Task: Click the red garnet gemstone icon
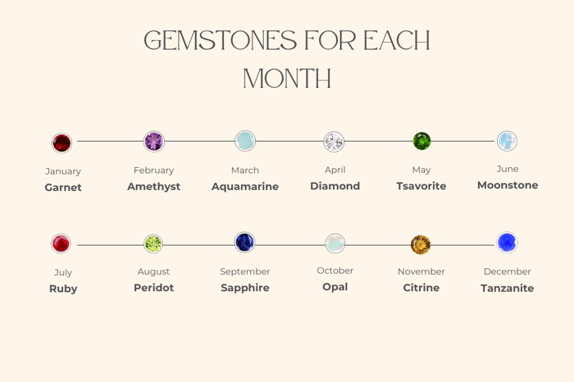coord(61,143)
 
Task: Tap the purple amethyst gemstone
coord(154,141)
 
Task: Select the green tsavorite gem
coord(421,141)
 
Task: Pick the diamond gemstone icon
coord(334,141)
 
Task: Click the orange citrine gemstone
coord(421,244)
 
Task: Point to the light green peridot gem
coord(153,243)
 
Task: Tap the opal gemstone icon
coord(335,243)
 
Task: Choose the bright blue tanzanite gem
coord(508,243)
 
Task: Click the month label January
coord(63,171)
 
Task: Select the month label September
coord(244,271)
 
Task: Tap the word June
coord(508,169)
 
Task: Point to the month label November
coord(421,271)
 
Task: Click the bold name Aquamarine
coord(245,187)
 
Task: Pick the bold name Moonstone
coord(508,185)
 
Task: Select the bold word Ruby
coord(63,289)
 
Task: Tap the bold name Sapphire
coord(245,288)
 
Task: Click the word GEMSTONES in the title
coord(216,41)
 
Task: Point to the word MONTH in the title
coord(287,79)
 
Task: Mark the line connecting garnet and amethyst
coord(108,142)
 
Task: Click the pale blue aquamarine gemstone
coord(244,141)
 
